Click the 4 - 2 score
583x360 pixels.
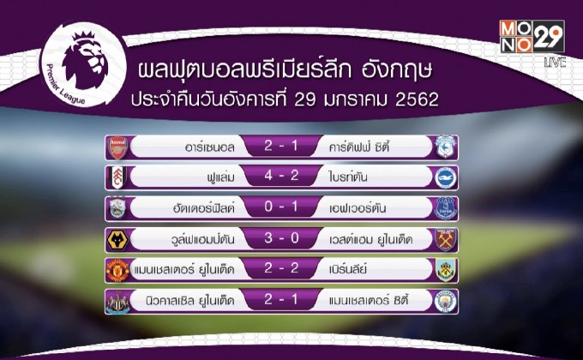282,178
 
